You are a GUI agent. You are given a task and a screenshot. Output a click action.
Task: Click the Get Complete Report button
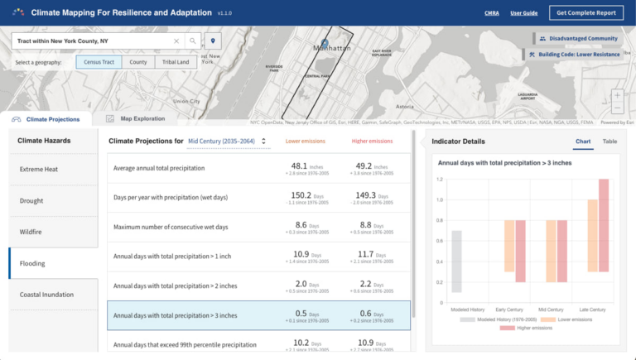click(x=585, y=13)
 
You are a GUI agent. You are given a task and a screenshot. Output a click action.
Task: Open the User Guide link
click(x=523, y=13)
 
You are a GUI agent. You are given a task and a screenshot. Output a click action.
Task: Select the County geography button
click(x=138, y=62)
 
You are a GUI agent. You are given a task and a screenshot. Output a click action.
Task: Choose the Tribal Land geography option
click(x=176, y=62)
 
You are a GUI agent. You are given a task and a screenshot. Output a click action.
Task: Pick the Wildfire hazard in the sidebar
click(x=32, y=232)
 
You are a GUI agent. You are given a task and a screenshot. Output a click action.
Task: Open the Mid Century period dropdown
click(x=228, y=142)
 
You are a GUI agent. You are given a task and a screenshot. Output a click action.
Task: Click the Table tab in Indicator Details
click(x=609, y=142)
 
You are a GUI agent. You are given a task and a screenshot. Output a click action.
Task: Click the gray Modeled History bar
click(x=457, y=261)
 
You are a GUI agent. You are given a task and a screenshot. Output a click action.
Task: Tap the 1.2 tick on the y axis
click(x=440, y=179)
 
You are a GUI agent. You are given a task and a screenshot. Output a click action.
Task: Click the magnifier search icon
click(x=192, y=41)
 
